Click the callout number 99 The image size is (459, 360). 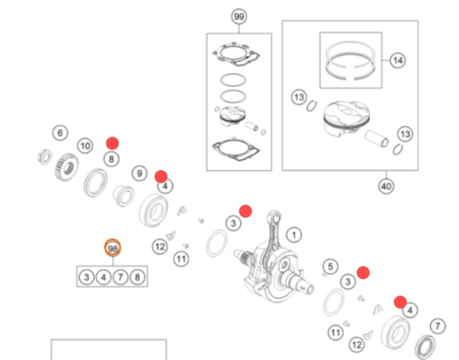tap(239, 17)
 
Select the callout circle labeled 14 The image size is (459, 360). tap(397, 60)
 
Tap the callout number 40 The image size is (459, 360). tap(386, 186)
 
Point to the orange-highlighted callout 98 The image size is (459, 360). tap(113, 248)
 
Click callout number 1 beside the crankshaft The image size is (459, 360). tap(294, 235)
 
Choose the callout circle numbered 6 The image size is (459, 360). tap(60, 133)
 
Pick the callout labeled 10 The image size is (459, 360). tap(85, 146)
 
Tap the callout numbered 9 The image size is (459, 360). tap(139, 173)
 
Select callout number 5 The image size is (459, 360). tap(330, 267)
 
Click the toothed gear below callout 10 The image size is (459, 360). tap(67, 167)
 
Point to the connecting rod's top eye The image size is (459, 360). tap(274, 217)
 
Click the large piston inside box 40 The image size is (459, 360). tap(346, 118)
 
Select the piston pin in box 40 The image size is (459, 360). tap(377, 139)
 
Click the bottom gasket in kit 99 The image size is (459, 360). tap(236, 149)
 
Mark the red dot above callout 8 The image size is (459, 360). tap(112, 143)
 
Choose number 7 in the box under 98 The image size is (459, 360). tap(120, 277)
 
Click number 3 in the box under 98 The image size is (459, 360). tap(86, 277)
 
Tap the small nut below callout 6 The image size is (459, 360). tap(45, 157)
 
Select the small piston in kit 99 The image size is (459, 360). tap(233, 116)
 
